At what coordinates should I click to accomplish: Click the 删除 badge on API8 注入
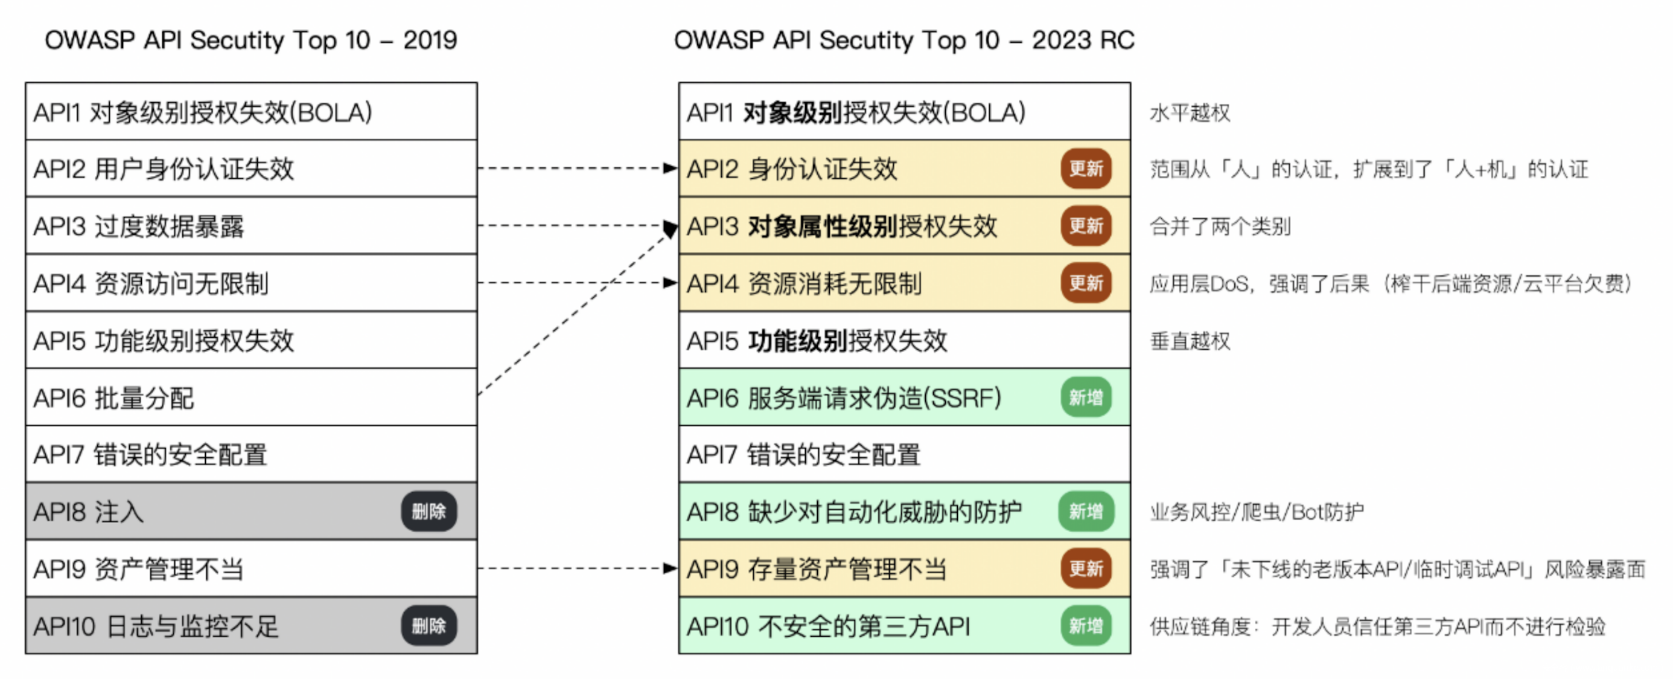click(x=429, y=511)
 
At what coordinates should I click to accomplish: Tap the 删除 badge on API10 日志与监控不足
click(x=429, y=626)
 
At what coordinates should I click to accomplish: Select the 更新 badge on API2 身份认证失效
click(x=1086, y=169)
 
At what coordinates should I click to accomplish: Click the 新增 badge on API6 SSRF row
click(x=1086, y=397)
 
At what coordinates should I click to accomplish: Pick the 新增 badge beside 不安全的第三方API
click(x=1086, y=626)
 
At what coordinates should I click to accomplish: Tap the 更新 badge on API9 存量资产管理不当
click(x=1086, y=568)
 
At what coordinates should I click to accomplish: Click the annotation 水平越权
click(x=1189, y=113)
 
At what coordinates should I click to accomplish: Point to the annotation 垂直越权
click(x=1189, y=341)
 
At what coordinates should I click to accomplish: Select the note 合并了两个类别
click(x=1220, y=227)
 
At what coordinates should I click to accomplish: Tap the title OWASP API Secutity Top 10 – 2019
click(x=250, y=40)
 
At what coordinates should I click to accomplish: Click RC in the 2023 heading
click(x=1117, y=40)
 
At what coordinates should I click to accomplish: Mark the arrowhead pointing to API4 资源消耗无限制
click(x=671, y=283)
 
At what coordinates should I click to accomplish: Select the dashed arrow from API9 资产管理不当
click(x=572, y=568)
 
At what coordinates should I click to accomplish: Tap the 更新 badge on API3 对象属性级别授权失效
click(x=1086, y=226)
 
